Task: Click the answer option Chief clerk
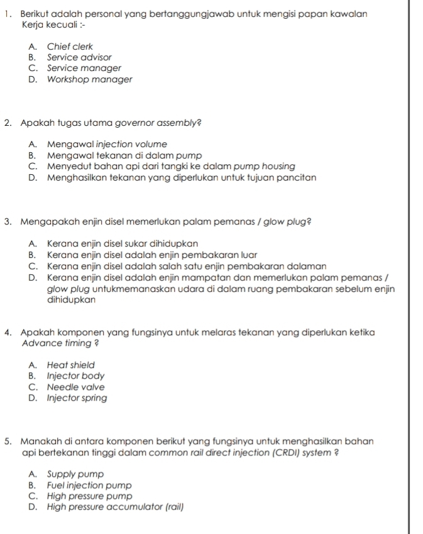pos(70,46)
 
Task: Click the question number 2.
pos(6,123)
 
